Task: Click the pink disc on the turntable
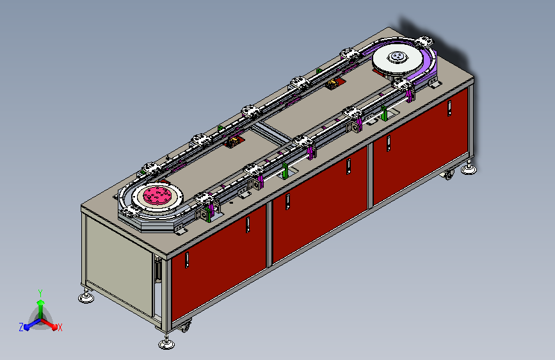[x=157, y=195]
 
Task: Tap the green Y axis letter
[x=40, y=293]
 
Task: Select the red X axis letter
[x=60, y=327]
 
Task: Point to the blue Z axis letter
[x=21, y=327]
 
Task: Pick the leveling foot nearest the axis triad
[x=86, y=297]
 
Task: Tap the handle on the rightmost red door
[x=449, y=108]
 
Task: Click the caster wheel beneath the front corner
[x=184, y=325]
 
